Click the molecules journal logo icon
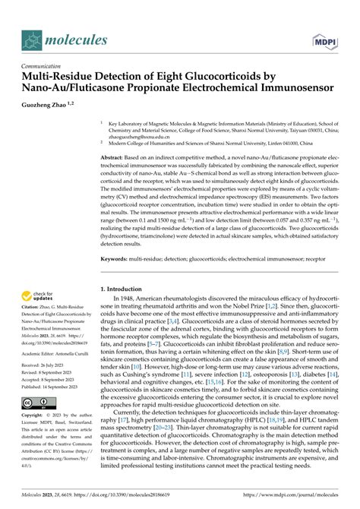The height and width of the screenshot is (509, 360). pos(32,40)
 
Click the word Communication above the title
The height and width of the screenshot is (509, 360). pos(45,67)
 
